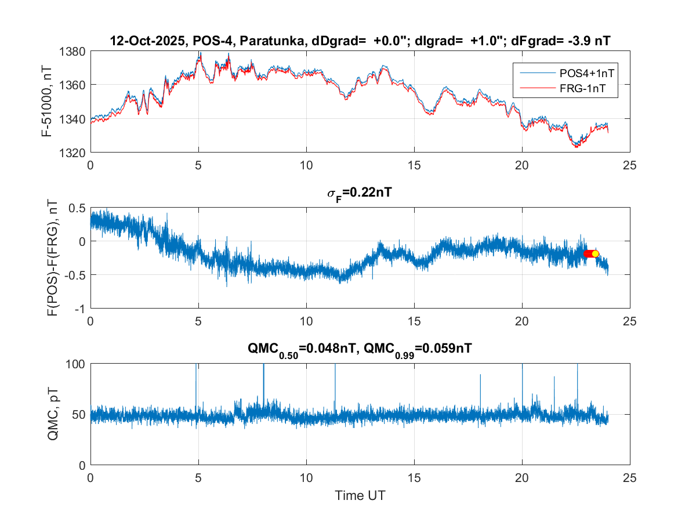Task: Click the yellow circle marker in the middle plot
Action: [x=595, y=254]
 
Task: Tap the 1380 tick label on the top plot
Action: [x=73, y=52]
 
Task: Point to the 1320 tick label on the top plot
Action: [x=73, y=153]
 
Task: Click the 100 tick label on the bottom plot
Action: [x=76, y=364]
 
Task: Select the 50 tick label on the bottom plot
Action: [x=79, y=415]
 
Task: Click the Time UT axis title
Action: [x=360, y=496]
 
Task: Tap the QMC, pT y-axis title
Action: [x=53, y=414]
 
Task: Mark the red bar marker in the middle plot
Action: [x=588, y=254]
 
